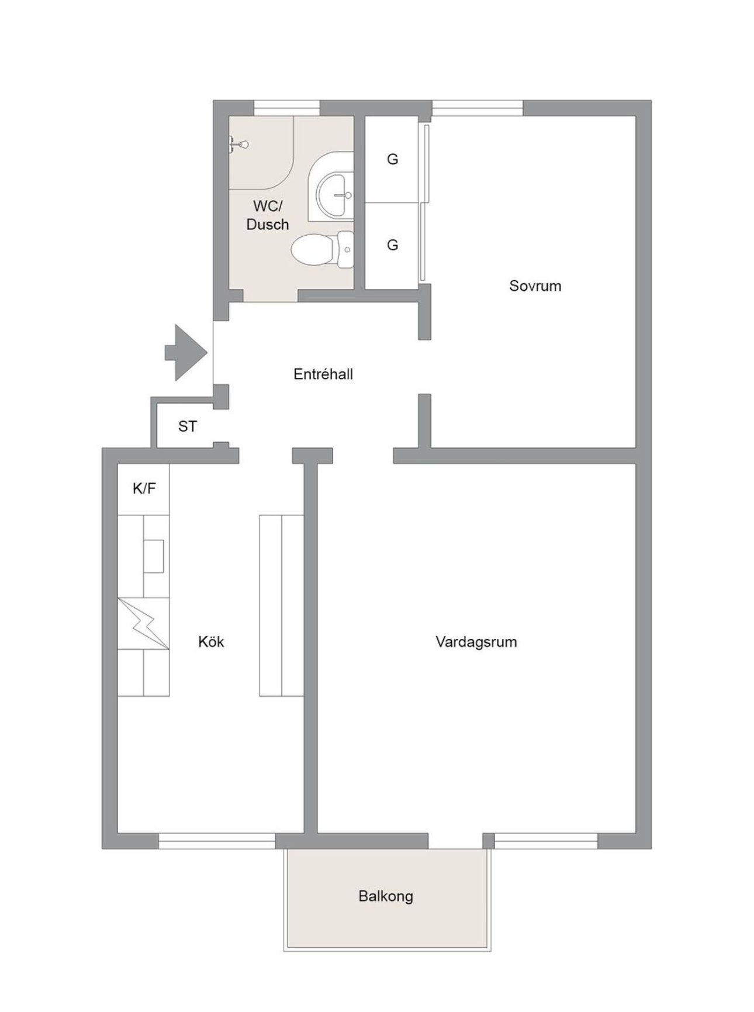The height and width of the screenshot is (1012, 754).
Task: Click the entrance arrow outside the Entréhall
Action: tap(186, 353)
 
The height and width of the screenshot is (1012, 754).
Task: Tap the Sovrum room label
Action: tap(535, 286)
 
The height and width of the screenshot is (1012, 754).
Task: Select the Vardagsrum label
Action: tap(476, 642)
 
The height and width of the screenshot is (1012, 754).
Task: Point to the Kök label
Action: tap(211, 642)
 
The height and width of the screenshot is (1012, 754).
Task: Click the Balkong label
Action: tap(386, 896)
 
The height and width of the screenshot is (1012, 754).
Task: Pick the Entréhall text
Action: tap(323, 374)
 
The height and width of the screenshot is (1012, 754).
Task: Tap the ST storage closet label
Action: tap(188, 426)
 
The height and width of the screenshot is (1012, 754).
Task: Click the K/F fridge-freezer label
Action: tap(144, 488)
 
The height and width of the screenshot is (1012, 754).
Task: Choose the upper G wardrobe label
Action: tap(393, 159)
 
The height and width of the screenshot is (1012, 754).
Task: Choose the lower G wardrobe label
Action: tap(393, 245)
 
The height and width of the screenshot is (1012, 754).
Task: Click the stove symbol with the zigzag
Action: tap(144, 624)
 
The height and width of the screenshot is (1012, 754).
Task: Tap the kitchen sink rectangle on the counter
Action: tap(154, 556)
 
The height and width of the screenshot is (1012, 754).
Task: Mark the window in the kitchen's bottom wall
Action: tap(217, 841)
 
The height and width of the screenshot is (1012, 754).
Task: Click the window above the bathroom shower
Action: tap(287, 108)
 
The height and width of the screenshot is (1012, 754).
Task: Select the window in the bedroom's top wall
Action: tap(477, 108)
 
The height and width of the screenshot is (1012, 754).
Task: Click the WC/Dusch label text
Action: tap(268, 215)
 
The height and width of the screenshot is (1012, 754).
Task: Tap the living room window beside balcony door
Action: tap(546, 841)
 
